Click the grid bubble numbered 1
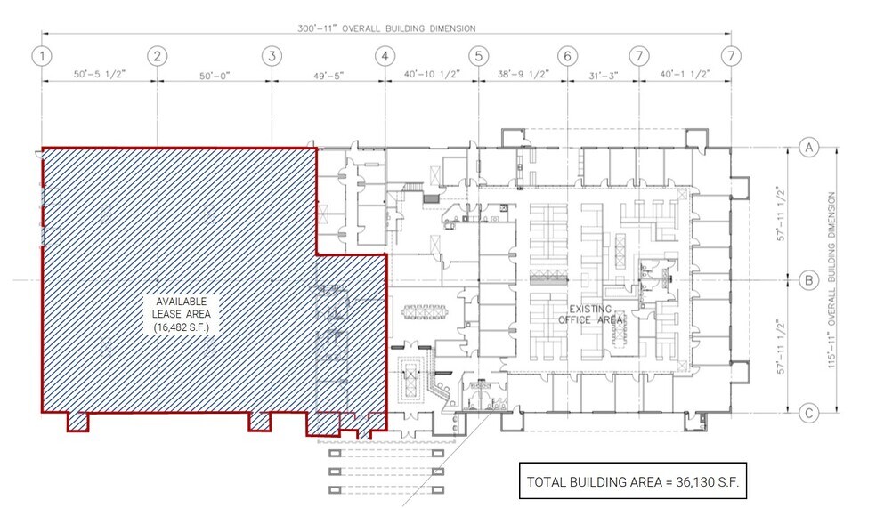click(x=41, y=55)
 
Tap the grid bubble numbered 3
click(x=271, y=55)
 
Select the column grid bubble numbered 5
click(x=478, y=55)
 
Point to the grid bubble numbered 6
click(x=567, y=55)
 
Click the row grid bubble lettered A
click(x=808, y=147)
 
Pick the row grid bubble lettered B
click(x=808, y=281)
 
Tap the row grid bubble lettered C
click(x=808, y=412)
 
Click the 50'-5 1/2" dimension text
click(x=98, y=76)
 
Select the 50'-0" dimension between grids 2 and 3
click(x=214, y=76)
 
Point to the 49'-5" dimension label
click(x=328, y=76)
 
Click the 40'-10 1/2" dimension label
click(x=431, y=76)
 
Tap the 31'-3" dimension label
click(x=603, y=76)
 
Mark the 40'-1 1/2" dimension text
click(x=685, y=76)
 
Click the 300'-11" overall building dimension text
click(x=386, y=28)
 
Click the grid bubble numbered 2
click(x=157, y=55)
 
